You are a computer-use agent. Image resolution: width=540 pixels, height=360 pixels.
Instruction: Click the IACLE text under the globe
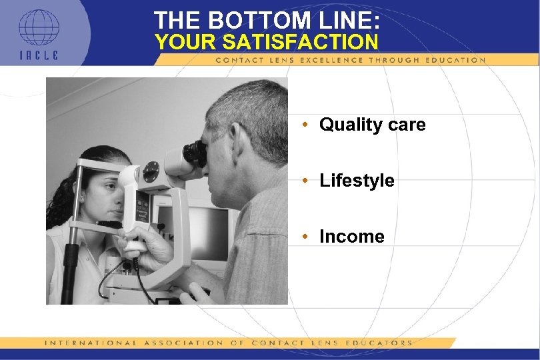(39, 54)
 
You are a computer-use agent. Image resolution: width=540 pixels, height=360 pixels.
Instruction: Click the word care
(405, 125)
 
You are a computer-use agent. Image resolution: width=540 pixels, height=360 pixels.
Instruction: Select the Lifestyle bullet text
(357, 181)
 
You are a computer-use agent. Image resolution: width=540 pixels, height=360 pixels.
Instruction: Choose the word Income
(352, 237)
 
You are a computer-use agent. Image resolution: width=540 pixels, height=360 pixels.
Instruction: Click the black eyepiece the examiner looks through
(194, 153)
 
